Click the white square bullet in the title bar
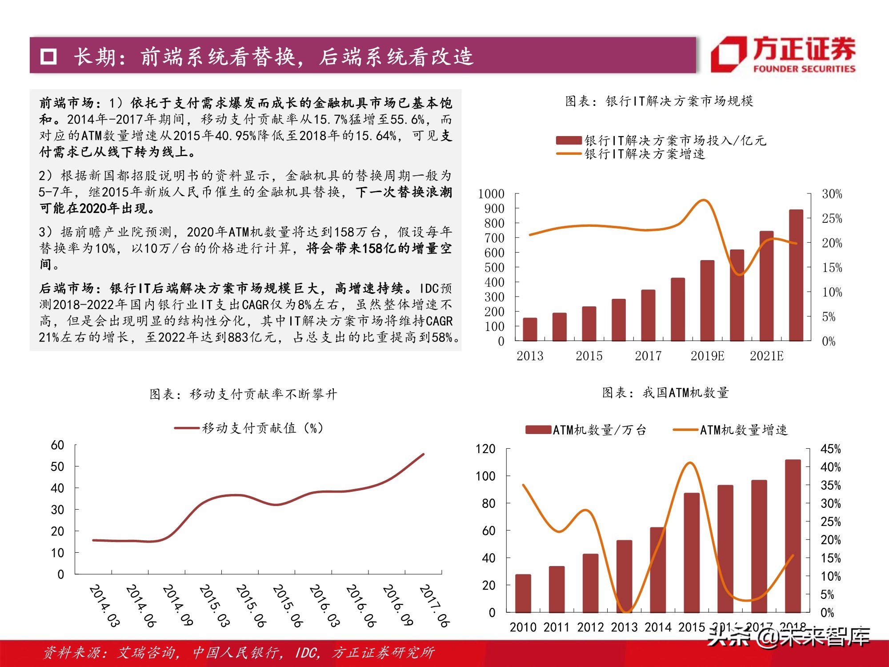tap(48, 57)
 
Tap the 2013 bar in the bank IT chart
tap(530, 329)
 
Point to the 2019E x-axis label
tap(707, 356)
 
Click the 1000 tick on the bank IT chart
tap(491, 194)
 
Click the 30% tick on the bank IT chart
tap(832, 194)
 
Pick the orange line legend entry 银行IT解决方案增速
tap(645, 154)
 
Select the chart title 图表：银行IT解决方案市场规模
tap(659, 101)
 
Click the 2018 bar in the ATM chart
tap(793, 536)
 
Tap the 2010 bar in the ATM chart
tap(523, 593)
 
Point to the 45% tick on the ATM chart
tap(830, 449)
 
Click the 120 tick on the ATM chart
tap(485, 449)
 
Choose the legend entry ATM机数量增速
tap(743, 430)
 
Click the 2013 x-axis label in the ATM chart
tap(624, 627)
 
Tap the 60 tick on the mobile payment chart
tap(58, 445)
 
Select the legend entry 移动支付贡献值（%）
tap(262, 428)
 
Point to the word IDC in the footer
tap(307, 652)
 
